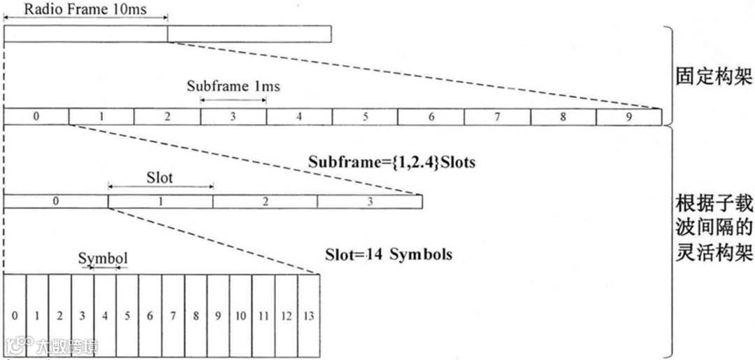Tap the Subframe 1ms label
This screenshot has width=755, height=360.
point(233,86)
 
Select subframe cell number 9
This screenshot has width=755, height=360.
point(628,117)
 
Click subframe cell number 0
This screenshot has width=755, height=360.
point(36,117)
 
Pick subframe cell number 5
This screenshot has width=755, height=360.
point(365,117)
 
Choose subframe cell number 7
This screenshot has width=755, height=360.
point(496,117)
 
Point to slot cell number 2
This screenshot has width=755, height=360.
point(265,201)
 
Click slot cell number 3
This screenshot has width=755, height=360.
point(369,201)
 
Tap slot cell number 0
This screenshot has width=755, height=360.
point(56,201)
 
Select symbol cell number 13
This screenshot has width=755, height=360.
point(308,316)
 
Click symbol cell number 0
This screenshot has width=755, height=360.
point(15,316)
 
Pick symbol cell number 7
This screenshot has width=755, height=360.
point(173,316)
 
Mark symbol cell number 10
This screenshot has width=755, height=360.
point(240,316)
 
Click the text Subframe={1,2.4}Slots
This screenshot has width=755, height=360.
point(391,162)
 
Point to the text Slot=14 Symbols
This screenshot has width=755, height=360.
point(389,254)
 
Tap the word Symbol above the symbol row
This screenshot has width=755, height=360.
point(103,259)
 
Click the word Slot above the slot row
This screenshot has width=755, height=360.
point(159,177)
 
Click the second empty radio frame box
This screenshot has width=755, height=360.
point(249,34)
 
